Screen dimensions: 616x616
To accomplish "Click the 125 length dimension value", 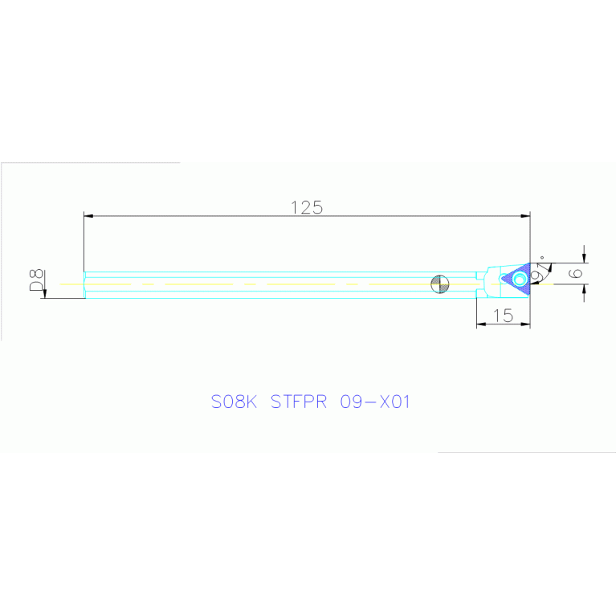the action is (307, 207).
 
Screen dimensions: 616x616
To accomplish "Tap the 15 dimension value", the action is (503, 316).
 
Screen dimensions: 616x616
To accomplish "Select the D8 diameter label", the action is (36, 280).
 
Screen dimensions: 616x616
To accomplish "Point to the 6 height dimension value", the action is (576, 273).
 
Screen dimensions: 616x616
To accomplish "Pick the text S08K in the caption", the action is (235, 402).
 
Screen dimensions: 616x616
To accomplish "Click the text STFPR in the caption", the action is (299, 402).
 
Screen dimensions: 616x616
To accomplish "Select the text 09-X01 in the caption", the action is (375, 402).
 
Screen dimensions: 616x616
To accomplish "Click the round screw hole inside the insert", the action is (520, 279).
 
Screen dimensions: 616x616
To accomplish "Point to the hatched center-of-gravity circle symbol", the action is (440, 284).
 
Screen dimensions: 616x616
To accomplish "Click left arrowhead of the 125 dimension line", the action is (88, 216).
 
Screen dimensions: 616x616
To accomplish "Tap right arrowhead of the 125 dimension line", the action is (525, 216).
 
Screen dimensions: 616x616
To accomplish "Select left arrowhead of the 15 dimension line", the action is (481, 324).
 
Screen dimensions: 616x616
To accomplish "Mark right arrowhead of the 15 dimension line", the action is (525, 324).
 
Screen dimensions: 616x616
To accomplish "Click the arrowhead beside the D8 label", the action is (45, 293).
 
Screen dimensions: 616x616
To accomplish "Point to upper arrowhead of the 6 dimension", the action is (584, 258).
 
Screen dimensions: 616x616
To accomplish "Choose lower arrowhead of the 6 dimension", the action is (584, 289).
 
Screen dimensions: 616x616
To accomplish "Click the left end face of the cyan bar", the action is (84, 285).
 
